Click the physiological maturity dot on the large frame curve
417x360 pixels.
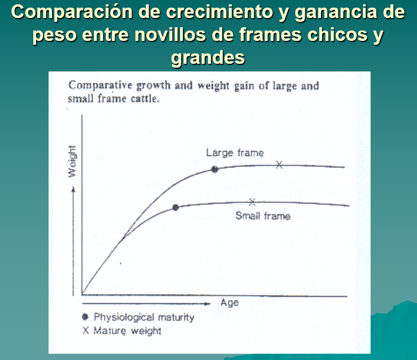coord(215,169)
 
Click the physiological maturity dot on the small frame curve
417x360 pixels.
coord(176,207)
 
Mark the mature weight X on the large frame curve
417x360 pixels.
coord(279,165)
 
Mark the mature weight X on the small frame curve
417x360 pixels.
coord(252,202)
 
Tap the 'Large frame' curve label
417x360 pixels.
coord(235,153)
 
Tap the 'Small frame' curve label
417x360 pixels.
coord(263,216)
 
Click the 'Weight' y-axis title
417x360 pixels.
coord(72,161)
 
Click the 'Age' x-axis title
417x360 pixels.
coord(229,303)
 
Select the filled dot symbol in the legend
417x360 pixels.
coord(85,317)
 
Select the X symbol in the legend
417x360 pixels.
coord(86,331)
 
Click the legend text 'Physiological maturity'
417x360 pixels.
coord(144,317)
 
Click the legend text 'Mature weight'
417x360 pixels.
coord(127,331)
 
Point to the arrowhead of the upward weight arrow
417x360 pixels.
coord(73,189)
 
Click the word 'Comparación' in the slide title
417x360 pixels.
coord(72,12)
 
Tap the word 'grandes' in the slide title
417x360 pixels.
coord(208,58)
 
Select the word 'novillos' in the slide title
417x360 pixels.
coord(170,35)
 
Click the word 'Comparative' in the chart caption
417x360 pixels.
coord(100,86)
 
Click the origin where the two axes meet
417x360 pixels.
coord(82,295)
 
